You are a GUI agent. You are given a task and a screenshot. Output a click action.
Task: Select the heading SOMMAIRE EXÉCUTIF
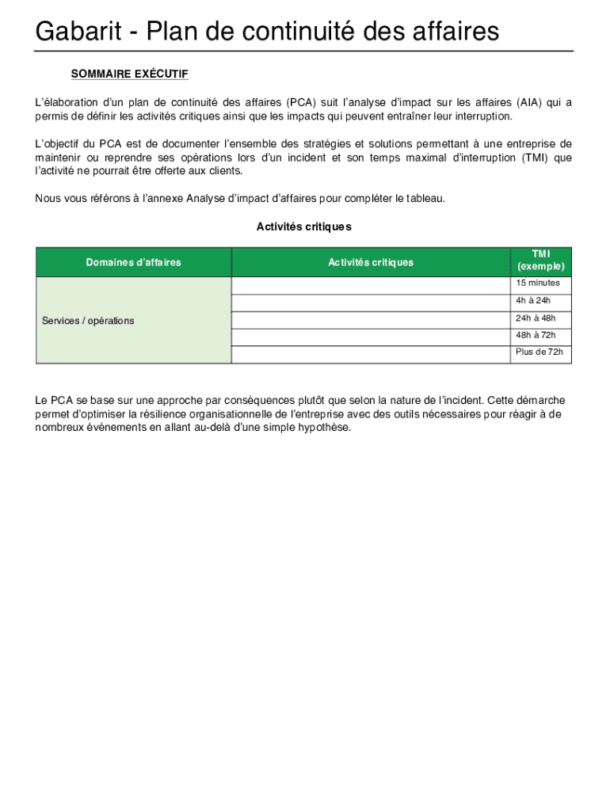click(129, 74)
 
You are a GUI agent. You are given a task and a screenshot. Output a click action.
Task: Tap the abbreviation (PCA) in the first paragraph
click(300, 102)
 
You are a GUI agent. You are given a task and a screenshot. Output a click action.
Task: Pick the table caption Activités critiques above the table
click(303, 227)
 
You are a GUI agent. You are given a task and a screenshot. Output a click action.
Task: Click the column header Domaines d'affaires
click(133, 262)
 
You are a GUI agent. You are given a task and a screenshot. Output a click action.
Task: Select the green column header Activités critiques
click(370, 262)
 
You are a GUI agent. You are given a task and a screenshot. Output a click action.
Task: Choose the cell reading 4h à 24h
click(532, 301)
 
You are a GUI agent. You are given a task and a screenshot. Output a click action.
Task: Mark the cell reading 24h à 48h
click(536, 318)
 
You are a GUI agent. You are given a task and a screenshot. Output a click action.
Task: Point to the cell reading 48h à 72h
click(536, 335)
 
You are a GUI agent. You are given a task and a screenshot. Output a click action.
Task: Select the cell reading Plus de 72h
click(539, 352)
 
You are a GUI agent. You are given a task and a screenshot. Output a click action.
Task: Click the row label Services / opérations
click(88, 321)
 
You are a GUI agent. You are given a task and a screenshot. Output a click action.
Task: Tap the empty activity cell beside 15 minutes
click(370, 284)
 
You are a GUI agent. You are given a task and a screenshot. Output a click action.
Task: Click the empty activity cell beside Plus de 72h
click(370, 354)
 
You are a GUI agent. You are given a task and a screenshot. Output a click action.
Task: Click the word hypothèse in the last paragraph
click(322, 428)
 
